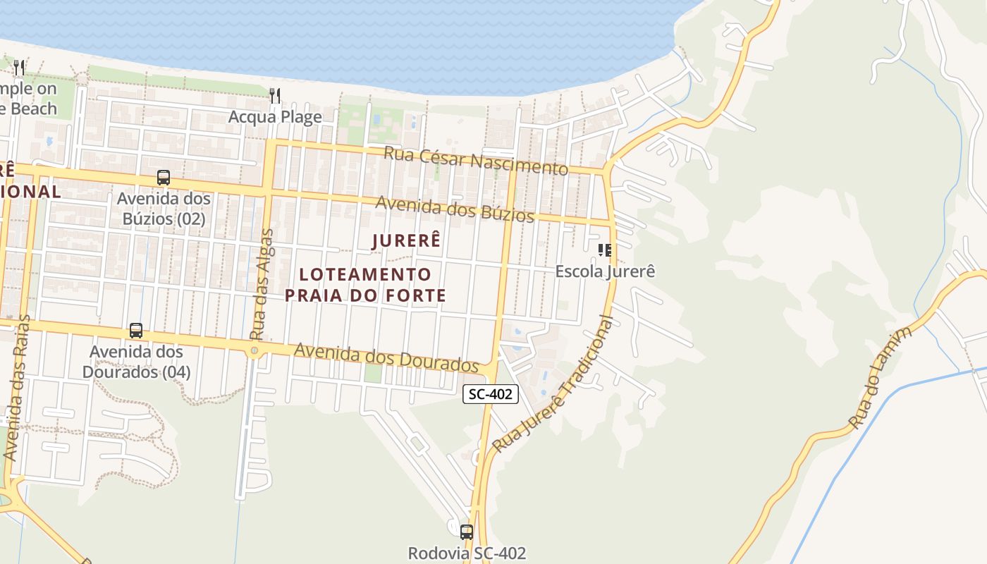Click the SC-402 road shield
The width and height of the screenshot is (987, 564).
coord(491,394)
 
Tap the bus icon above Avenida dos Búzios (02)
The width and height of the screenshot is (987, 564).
coord(164,178)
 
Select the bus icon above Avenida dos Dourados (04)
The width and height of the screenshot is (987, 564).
coord(136,330)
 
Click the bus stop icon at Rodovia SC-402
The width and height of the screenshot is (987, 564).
coord(466,532)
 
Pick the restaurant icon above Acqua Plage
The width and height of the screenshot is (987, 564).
coord(275,95)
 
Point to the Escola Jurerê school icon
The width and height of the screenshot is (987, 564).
coord(604,250)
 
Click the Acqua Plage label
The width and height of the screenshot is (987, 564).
coord(275,116)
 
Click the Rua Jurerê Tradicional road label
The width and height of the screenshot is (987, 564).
coord(553,384)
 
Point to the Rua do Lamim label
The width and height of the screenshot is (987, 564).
coord(881,377)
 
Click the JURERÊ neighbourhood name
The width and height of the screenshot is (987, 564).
coord(406,240)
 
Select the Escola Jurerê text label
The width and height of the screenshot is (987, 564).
coord(606,271)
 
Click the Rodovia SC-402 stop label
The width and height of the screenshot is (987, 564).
coord(467,553)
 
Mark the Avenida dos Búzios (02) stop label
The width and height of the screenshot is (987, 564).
coord(164,209)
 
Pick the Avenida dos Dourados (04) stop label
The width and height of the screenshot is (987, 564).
coord(136,361)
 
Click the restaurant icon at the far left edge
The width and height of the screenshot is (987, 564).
coord(19,68)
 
